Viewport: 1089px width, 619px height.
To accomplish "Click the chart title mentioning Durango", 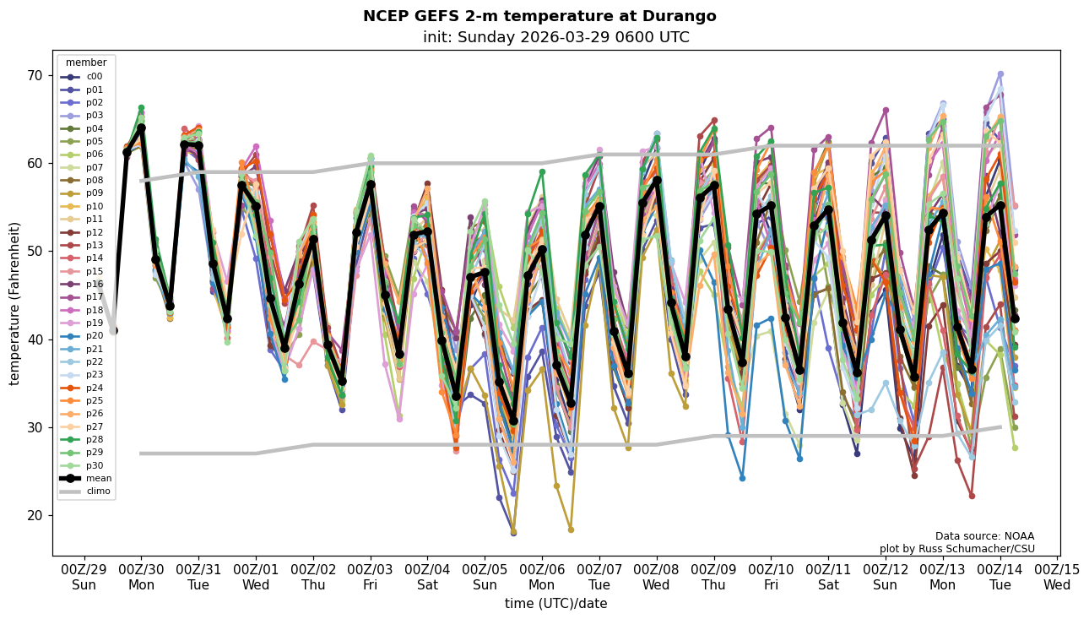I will [539, 16].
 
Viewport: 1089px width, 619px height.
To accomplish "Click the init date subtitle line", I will [555, 37].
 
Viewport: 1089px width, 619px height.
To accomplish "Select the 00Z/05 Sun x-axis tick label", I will [485, 577].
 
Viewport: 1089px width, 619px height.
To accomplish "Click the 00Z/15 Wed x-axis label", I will [1057, 577].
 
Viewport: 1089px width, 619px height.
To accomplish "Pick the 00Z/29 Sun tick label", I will [84, 577].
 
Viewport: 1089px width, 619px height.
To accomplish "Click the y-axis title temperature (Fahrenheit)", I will [15, 303].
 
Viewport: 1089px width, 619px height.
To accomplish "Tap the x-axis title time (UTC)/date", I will [555, 604].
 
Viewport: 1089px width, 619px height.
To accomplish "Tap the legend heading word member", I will [86, 62].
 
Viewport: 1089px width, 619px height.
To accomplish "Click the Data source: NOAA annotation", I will [984, 536].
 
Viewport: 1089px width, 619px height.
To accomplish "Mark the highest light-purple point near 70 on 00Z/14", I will [1000, 74].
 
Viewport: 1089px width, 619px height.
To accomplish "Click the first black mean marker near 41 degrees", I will [113, 330].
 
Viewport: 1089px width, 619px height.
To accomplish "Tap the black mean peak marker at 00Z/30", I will [141, 128].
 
